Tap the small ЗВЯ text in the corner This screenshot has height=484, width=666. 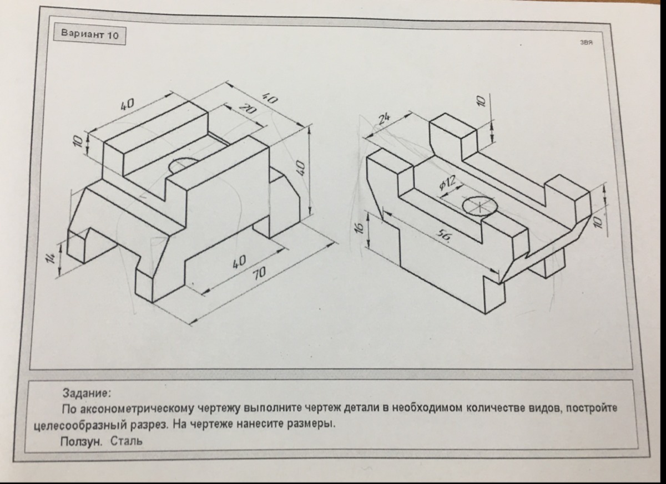click(586, 43)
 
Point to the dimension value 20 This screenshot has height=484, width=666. click(246, 110)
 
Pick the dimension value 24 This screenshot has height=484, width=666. click(384, 120)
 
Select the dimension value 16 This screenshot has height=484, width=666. click(359, 228)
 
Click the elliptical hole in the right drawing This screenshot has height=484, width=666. click(481, 205)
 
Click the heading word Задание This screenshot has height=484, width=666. click(87, 394)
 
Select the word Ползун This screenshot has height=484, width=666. click(81, 441)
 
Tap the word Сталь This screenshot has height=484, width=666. click(127, 441)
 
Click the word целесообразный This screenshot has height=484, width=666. click(80, 426)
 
